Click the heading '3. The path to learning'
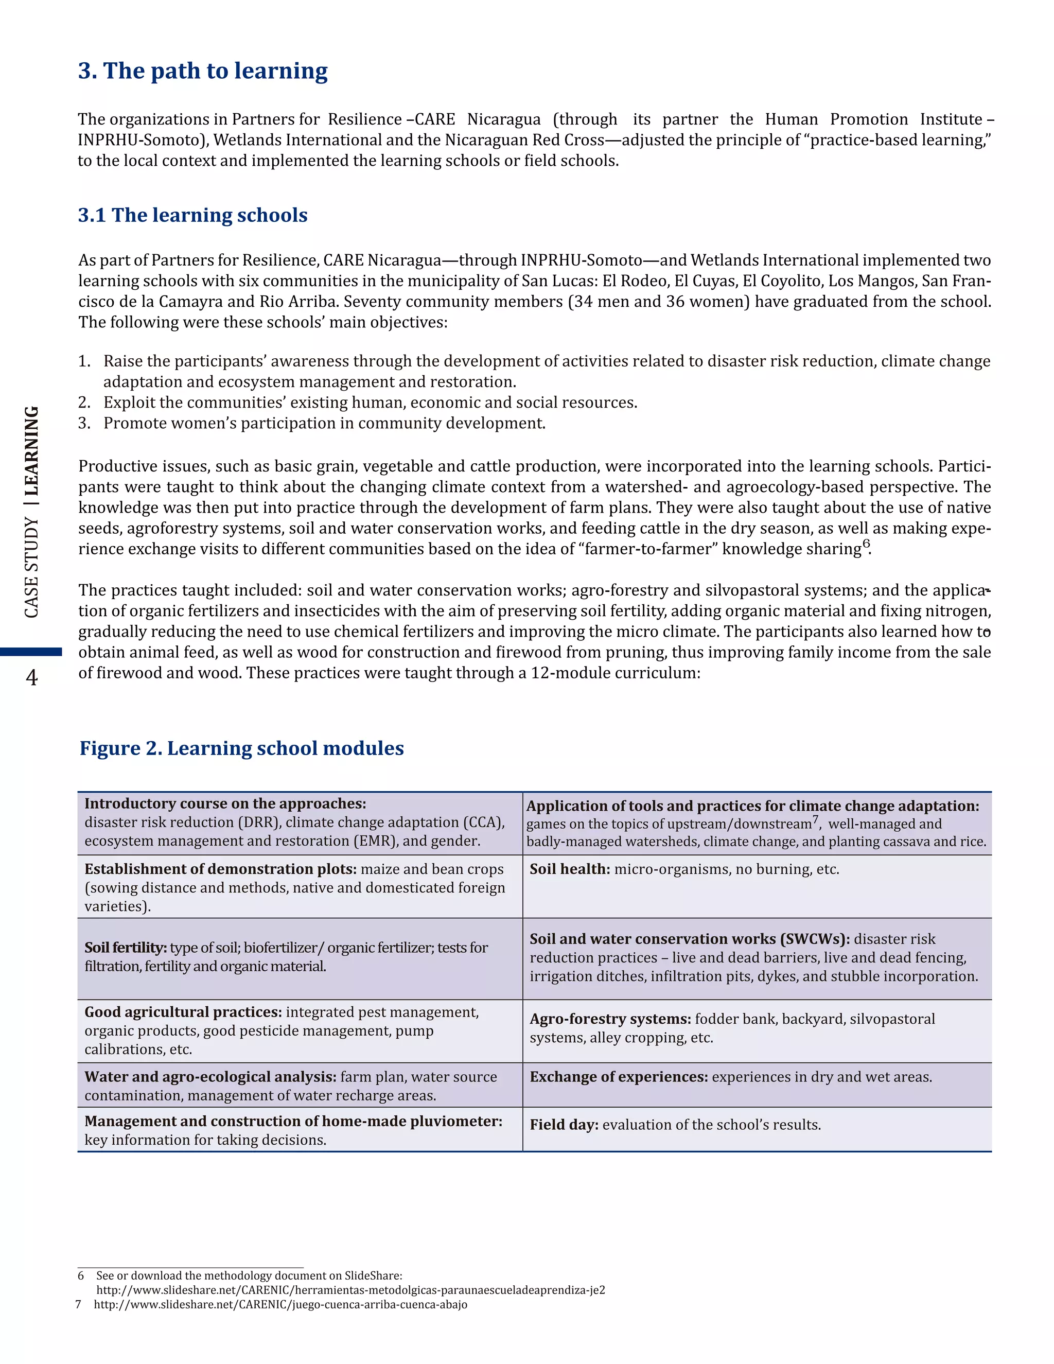(x=203, y=71)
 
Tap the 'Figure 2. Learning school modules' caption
(x=242, y=748)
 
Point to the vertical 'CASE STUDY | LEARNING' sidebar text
(x=31, y=512)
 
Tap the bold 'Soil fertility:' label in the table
(x=126, y=948)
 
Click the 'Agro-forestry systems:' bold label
(x=610, y=1019)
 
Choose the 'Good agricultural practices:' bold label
(x=183, y=1012)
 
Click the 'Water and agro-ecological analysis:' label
(x=210, y=1077)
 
